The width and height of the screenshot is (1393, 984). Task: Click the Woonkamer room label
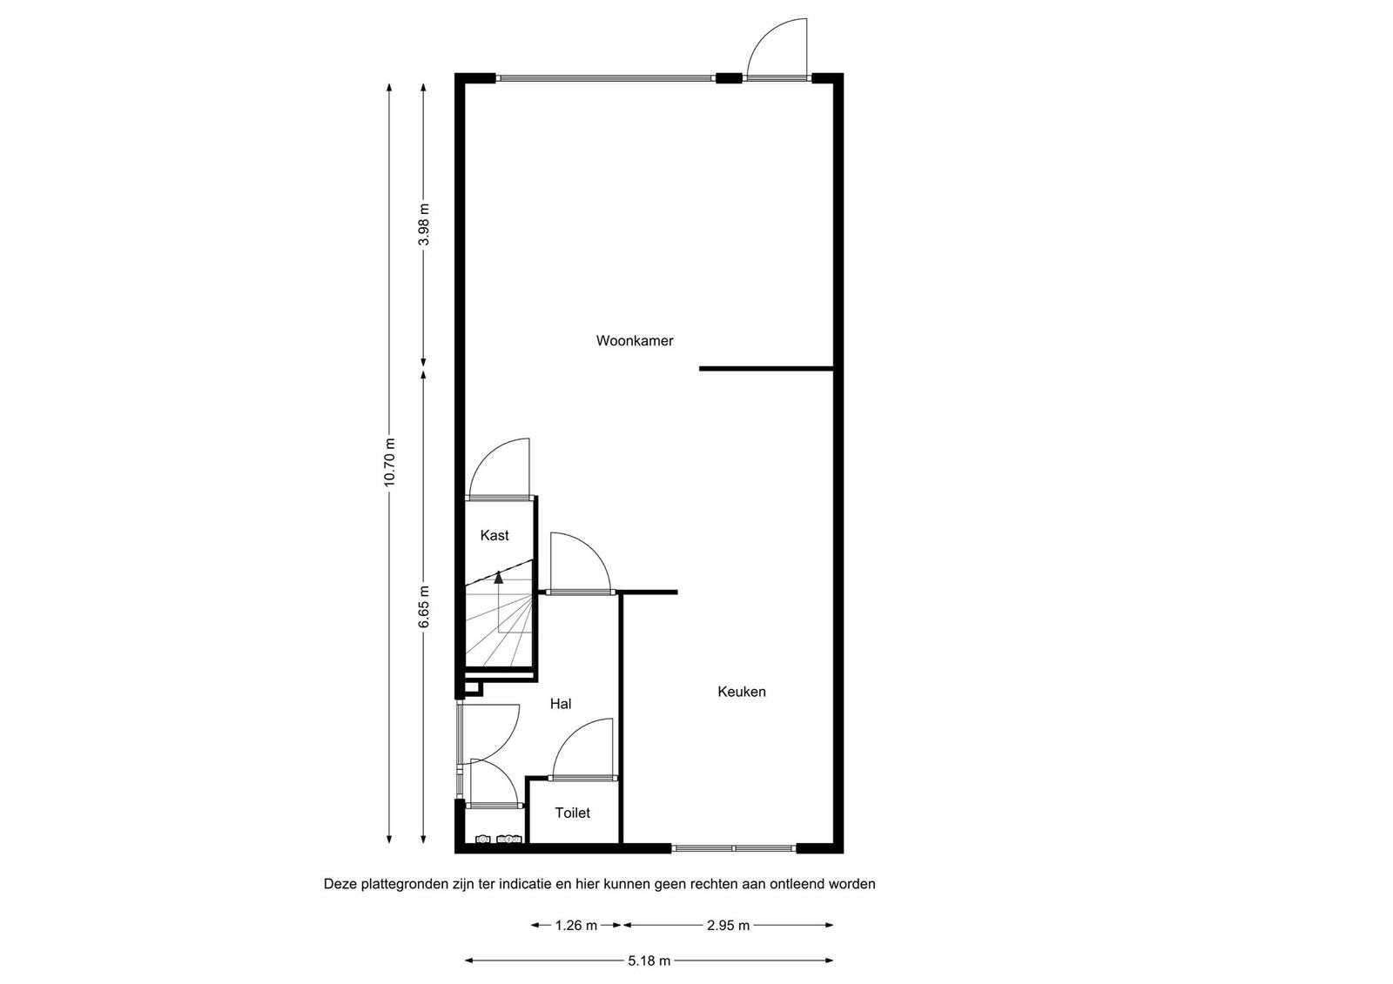(x=635, y=341)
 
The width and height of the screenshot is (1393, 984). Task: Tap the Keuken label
(x=741, y=692)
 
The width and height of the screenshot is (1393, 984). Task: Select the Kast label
(x=495, y=535)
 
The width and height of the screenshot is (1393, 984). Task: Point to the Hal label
(x=561, y=704)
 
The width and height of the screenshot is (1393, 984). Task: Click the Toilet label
(x=572, y=813)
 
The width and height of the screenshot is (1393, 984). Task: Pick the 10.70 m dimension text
(x=389, y=463)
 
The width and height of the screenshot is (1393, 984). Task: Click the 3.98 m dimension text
(x=423, y=224)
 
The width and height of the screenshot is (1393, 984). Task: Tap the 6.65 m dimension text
(x=423, y=606)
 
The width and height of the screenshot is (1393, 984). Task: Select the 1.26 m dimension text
(x=575, y=926)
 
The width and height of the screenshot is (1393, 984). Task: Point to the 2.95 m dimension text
(x=728, y=926)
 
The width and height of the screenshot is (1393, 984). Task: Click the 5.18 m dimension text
(x=649, y=961)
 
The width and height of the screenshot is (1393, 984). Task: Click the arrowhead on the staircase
(x=499, y=578)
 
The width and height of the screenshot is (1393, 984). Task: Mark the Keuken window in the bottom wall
(x=734, y=848)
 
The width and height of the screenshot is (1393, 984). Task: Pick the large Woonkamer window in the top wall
(x=606, y=78)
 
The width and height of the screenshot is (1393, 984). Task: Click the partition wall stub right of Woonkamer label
(x=766, y=369)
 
